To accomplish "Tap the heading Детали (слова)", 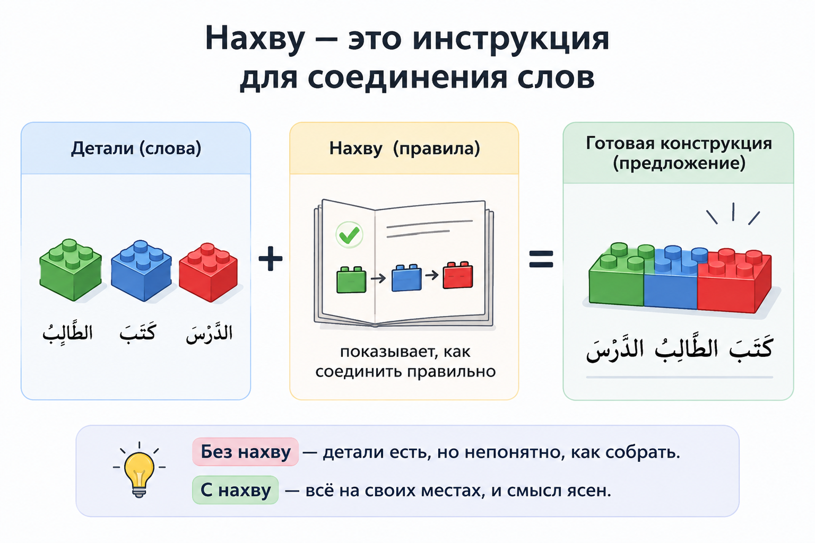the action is [136, 148].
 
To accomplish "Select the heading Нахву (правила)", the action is [405, 148].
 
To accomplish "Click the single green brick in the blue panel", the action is [70, 269].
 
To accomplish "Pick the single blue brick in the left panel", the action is [141, 270].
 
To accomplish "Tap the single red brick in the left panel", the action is [209, 272].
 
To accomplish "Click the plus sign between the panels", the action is [270, 259].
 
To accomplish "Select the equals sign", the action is [541, 259].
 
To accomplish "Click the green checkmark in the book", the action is [349, 235].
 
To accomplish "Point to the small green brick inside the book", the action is [351, 279].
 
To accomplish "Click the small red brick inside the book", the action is [458, 275].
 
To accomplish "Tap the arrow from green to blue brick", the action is [378, 278].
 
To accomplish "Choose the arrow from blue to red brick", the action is [432, 275].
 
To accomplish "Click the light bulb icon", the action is [140, 469].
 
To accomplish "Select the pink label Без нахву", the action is [246, 452].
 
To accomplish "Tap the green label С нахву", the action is [236, 490].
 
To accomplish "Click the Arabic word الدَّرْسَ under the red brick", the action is [209, 334].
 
